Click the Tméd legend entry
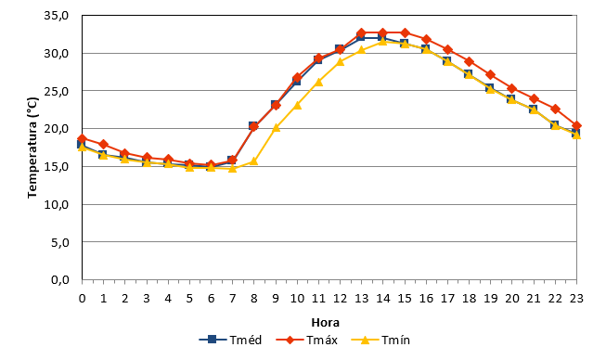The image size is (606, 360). pyautogui.click(x=230, y=340)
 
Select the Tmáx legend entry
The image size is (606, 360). pyautogui.click(x=307, y=340)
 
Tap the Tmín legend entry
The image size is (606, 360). pyautogui.click(x=380, y=340)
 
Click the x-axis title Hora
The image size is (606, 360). pyautogui.click(x=326, y=323)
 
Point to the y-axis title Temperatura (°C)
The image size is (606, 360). pyautogui.click(x=32, y=148)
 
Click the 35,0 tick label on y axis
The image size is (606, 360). pyautogui.click(x=57, y=16)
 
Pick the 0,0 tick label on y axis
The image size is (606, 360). pyautogui.click(x=60, y=279)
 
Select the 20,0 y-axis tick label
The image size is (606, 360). pyautogui.click(x=57, y=129)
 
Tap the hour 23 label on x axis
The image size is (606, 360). pyautogui.click(x=576, y=299)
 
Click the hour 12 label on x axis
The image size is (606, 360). pyautogui.click(x=340, y=299)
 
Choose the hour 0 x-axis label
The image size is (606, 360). pyautogui.click(x=82, y=299)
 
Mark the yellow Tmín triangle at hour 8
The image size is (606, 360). pyautogui.click(x=254, y=161)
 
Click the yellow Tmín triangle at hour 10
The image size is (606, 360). pyautogui.click(x=297, y=105)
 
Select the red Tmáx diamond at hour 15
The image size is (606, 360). pyautogui.click(x=405, y=32)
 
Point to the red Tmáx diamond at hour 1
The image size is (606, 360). pyautogui.click(x=104, y=144)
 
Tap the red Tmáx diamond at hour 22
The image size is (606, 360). pyautogui.click(x=555, y=109)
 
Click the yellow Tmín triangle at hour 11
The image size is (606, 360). pyautogui.click(x=318, y=82)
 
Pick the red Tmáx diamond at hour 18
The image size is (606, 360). pyautogui.click(x=470, y=62)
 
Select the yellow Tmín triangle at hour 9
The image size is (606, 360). pyautogui.click(x=276, y=127)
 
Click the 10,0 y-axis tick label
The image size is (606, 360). pyautogui.click(x=57, y=204)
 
